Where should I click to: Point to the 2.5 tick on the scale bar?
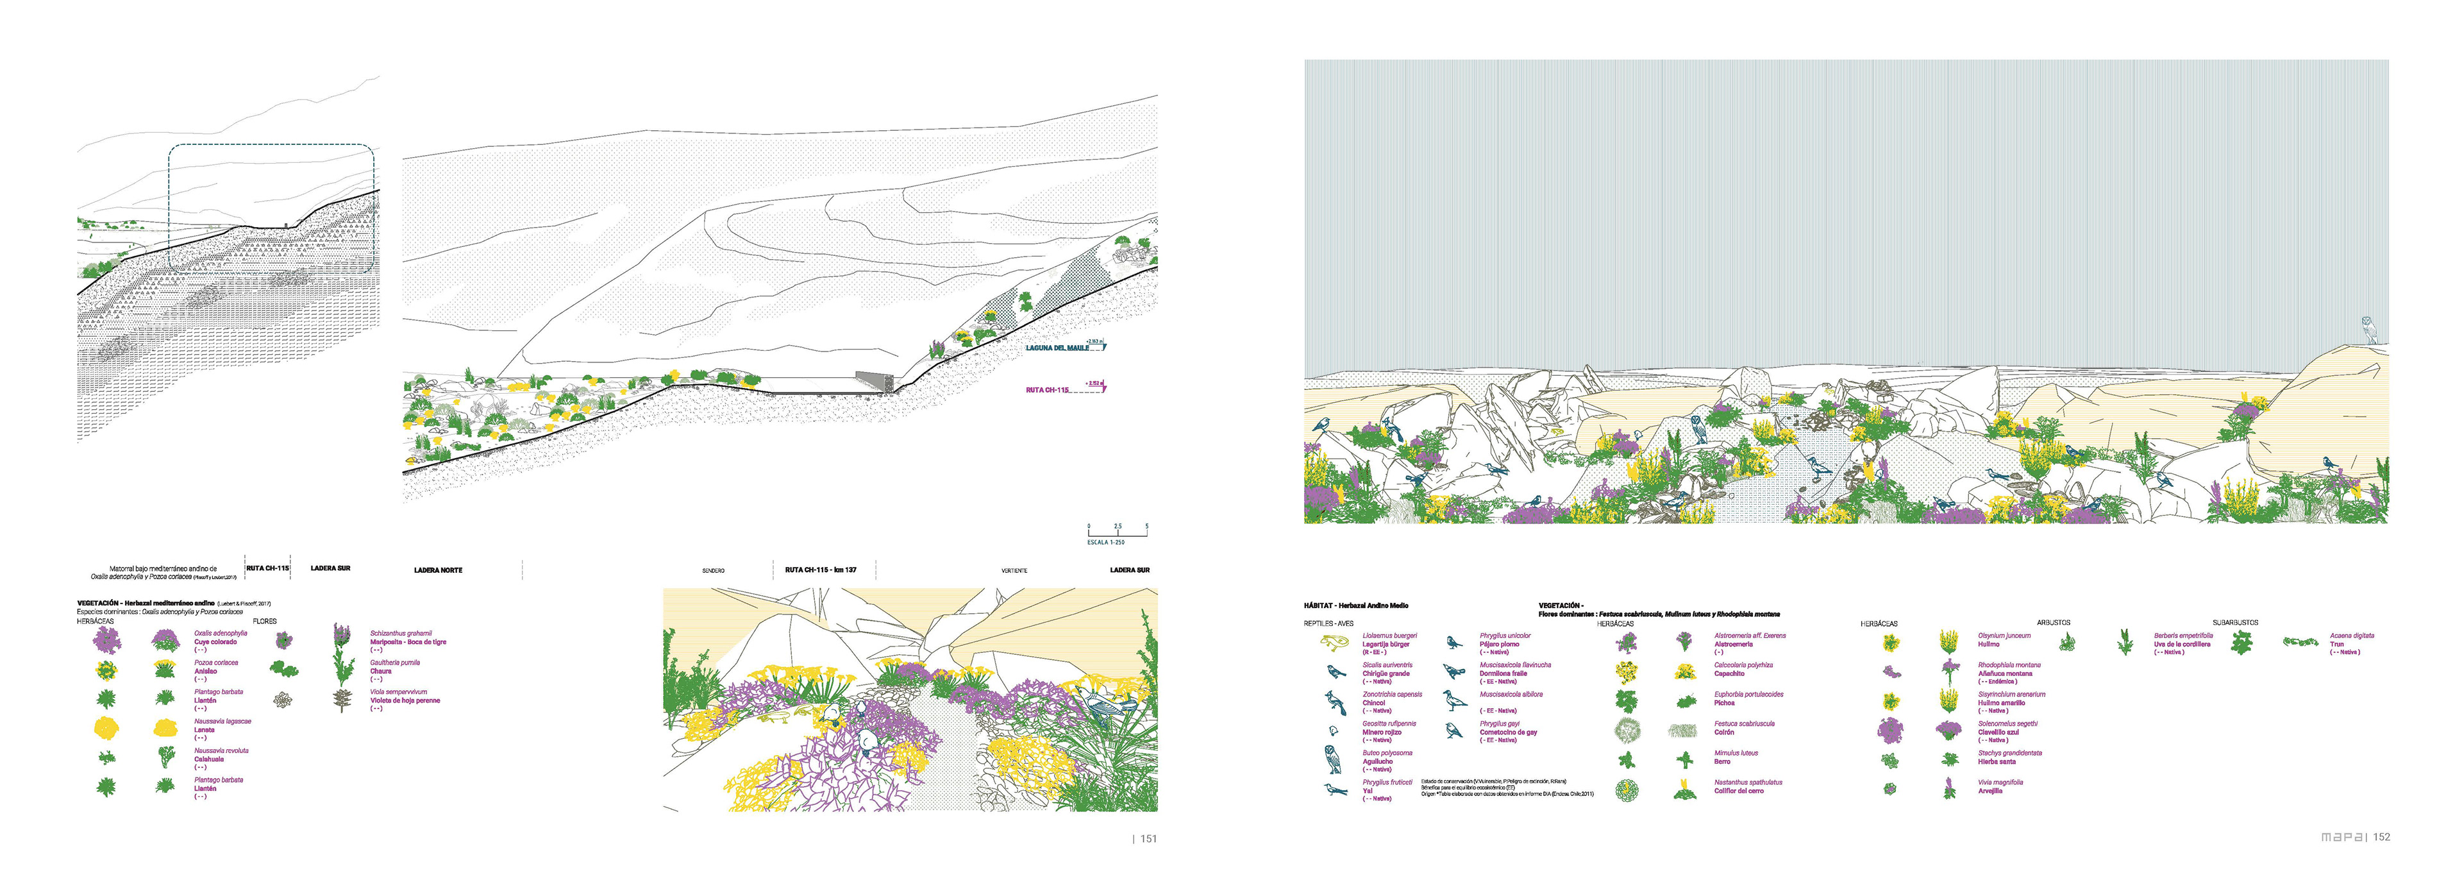pyautogui.click(x=1118, y=527)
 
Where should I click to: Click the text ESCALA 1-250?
pyautogui.click(x=1106, y=542)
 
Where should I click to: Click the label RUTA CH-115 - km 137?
pyautogui.click(x=820, y=570)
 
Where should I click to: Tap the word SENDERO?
pyautogui.click(x=713, y=571)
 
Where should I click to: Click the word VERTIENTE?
pyautogui.click(x=1014, y=571)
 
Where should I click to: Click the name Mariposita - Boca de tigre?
pyautogui.click(x=408, y=643)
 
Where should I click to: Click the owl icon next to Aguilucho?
pyautogui.click(x=1332, y=760)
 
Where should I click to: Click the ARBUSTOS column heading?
pyautogui.click(x=2053, y=622)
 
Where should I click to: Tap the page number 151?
pyautogui.click(x=1148, y=838)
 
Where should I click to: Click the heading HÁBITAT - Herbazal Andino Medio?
pyautogui.click(x=1355, y=606)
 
